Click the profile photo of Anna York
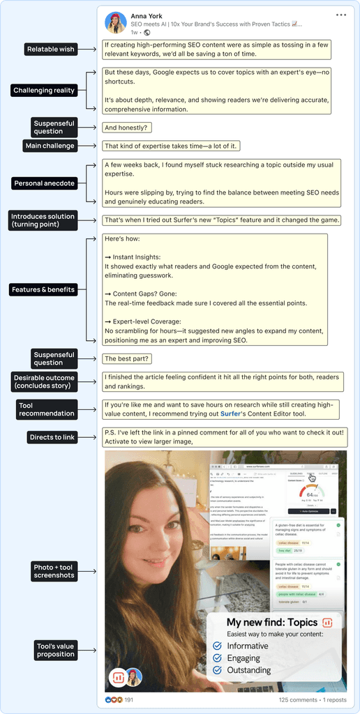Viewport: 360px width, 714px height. click(x=116, y=23)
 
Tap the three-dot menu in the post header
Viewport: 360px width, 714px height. click(x=340, y=15)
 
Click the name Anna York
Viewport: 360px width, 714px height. click(x=147, y=16)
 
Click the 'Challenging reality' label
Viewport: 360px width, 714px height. click(x=44, y=91)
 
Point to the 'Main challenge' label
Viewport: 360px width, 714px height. click(x=50, y=146)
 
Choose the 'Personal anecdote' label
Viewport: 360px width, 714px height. click(x=44, y=183)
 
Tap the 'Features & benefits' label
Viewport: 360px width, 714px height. click(x=43, y=289)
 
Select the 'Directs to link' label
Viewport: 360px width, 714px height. click(x=52, y=437)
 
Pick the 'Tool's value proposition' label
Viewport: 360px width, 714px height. click(x=55, y=650)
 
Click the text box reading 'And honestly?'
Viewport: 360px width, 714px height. click(x=126, y=128)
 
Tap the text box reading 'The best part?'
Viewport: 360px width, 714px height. click(x=127, y=358)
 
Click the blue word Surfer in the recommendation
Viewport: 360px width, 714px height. click(x=230, y=413)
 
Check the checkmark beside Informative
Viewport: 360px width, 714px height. click(x=218, y=646)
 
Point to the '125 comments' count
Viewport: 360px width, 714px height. click(x=297, y=699)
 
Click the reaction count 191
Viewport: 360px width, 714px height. click(x=129, y=699)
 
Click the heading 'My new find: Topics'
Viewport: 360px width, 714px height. click(x=272, y=623)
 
